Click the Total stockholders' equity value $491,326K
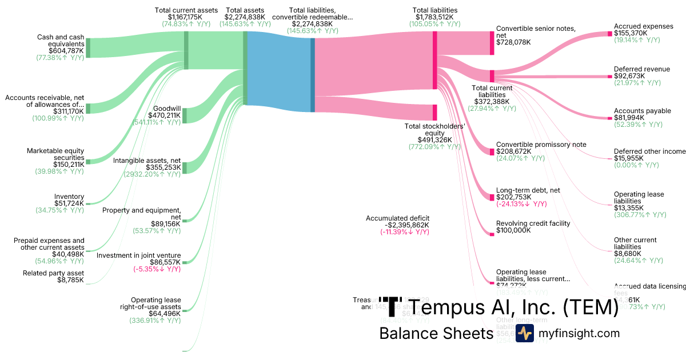pos(434,139)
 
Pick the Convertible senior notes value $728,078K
pos(513,42)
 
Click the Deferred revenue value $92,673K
pos(629,76)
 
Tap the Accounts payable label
pos(643,111)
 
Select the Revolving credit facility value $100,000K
pos(513,230)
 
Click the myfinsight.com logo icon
pos(525,333)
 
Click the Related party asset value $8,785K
pos(70,281)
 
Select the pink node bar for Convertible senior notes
pos(492,43)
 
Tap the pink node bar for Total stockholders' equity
pos(434,113)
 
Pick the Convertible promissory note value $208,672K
pos(513,151)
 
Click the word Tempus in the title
pos(457,308)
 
